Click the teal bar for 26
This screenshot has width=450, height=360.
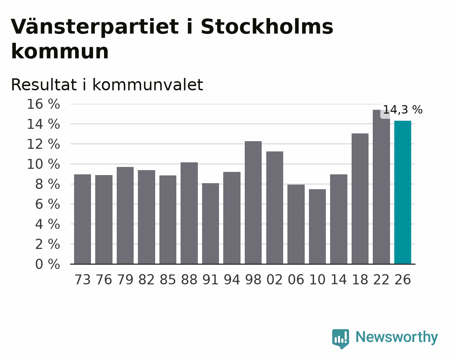click(402, 192)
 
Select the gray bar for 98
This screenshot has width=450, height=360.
click(253, 203)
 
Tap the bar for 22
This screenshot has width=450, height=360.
click(381, 187)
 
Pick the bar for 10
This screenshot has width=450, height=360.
click(317, 227)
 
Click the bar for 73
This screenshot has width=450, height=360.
click(83, 219)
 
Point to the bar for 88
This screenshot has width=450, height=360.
click(189, 213)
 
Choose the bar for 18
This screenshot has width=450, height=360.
click(360, 199)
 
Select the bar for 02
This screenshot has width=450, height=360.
click(275, 208)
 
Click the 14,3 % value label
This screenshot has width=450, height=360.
click(403, 110)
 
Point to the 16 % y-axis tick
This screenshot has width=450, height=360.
click(43, 104)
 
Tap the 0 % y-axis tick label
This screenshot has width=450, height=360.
click(48, 264)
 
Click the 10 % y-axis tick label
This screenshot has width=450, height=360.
click(43, 164)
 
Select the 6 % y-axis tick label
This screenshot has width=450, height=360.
click(48, 204)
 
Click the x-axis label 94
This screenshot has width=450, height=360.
click(232, 280)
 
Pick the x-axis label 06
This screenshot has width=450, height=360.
click(296, 280)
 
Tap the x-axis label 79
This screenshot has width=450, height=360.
click(125, 280)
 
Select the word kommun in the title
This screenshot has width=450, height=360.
click(60, 52)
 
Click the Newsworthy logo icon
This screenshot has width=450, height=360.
click(341, 339)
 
